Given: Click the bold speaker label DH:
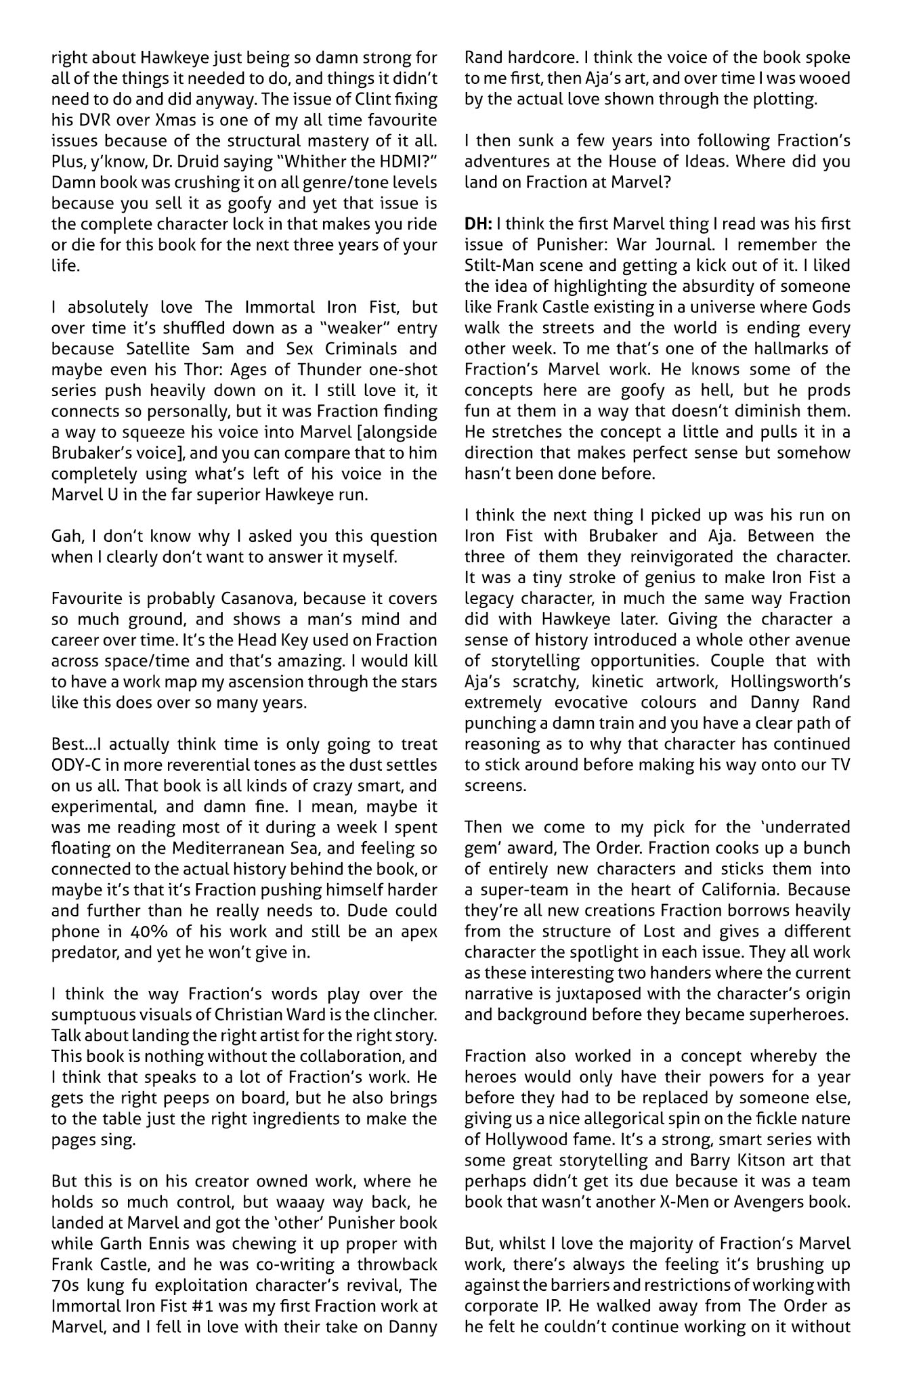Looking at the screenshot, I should point(478,223).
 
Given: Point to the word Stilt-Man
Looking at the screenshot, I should point(496,265).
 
